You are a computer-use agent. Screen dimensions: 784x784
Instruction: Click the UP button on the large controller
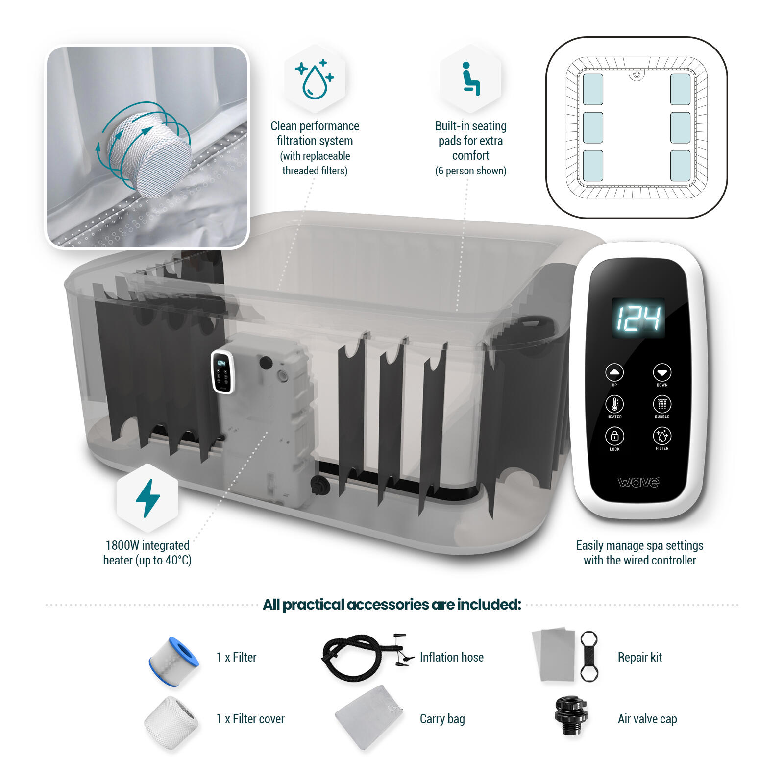pyautogui.click(x=614, y=373)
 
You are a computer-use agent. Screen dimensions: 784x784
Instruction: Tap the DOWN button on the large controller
pyautogui.click(x=662, y=373)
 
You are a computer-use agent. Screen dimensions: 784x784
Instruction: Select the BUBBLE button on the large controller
pyautogui.click(x=662, y=405)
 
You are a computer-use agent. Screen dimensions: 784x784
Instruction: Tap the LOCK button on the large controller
pyautogui.click(x=614, y=436)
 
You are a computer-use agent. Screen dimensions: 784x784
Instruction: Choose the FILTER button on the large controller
pyautogui.click(x=662, y=436)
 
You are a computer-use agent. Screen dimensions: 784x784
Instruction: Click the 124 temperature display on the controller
pyautogui.click(x=638, y=318)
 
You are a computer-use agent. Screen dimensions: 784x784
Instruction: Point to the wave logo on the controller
pyautogui.click(x=638, y=482)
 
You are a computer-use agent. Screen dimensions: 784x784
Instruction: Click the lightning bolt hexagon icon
pyautogui.click(x=147, y=498)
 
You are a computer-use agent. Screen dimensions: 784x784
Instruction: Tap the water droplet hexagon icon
pyautogui.click(x=315, y=78)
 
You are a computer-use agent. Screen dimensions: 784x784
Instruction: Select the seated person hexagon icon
pyautogui.click(x=470, y=78)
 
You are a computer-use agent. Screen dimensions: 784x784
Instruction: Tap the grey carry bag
pyautogui.click(x=369, y=716)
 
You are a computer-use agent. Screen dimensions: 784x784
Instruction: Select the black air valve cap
pyautogui.click(x=570, y=716)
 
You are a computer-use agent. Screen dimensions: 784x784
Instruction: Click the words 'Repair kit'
pyautogui.click(x=639, y=657)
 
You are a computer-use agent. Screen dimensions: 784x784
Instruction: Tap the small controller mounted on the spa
pyautogui.click(x=222, y=372)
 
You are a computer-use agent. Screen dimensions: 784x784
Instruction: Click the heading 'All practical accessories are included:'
pyautogui.click(x=392, y=605)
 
